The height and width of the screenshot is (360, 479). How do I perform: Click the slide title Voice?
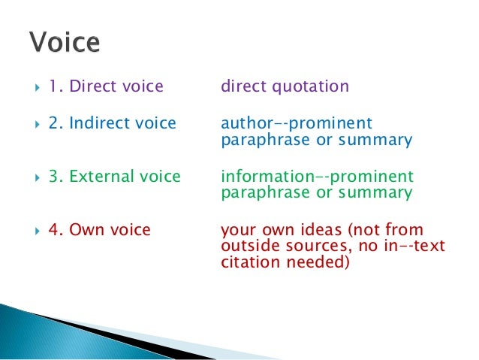point(65,42)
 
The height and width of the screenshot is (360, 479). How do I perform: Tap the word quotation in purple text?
point(309,86)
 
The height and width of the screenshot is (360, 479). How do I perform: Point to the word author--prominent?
point(297,123)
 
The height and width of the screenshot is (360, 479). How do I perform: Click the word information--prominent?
point(317,177)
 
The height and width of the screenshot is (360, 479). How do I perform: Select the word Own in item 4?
point(86,230)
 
